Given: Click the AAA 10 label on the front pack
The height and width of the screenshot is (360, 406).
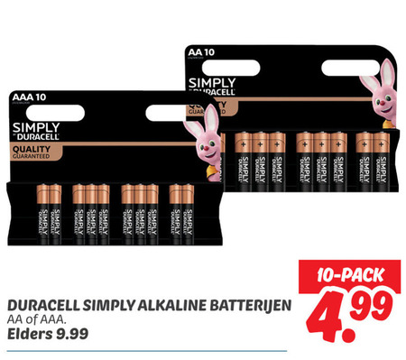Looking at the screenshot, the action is pos(30,95).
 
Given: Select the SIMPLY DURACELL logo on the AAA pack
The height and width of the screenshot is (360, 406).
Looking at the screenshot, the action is pos(36,129).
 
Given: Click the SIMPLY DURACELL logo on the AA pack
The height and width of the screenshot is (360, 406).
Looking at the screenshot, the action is pos(211,88).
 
